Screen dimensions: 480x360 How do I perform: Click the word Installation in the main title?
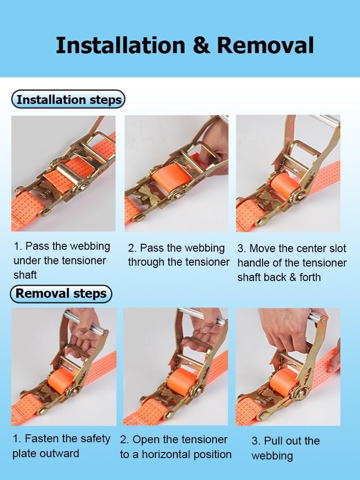(120, 46)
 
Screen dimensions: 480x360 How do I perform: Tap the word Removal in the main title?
(265, 46)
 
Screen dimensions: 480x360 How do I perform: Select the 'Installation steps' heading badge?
(69, 99)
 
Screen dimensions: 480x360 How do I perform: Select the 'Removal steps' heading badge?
(61, 294)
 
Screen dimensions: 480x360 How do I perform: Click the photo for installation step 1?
(63, 173)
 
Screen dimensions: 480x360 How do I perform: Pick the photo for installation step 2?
(176, 173)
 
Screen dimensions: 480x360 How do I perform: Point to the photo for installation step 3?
(288, 173)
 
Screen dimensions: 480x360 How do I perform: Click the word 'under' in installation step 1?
(27, 261)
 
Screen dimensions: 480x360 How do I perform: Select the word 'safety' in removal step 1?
(94, 439)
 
